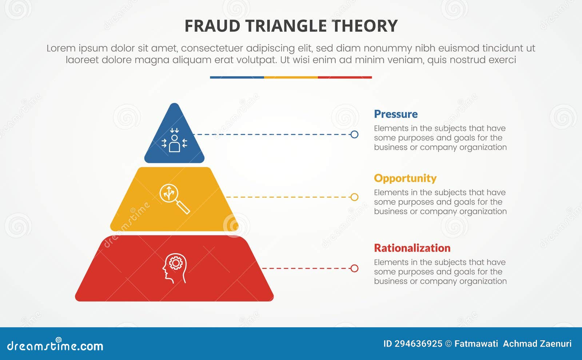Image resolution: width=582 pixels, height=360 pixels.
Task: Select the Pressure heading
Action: tap(396, 114)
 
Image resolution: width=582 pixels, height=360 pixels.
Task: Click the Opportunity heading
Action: tap(405, 178)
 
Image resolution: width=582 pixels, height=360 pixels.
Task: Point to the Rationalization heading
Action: tap(412, 248)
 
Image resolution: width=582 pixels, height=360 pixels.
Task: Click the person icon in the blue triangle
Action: tap(174, 140)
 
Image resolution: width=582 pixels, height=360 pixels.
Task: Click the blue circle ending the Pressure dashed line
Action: tap(354, 135)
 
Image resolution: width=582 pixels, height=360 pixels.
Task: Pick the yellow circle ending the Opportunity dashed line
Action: tap(354, 197)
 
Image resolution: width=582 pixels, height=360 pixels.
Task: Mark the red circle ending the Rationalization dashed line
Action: tap(354, 268)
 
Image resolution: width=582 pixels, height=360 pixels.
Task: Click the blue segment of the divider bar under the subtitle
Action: tap(237, 77)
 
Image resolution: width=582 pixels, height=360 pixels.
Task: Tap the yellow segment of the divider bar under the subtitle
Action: tap(291, 77)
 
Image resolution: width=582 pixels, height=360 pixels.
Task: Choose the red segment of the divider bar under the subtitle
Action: tap(345, 77)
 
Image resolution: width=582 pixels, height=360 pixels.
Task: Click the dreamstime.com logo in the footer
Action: tap(55, 345)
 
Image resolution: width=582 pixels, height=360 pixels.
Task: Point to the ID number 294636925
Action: tap(418, 344)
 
